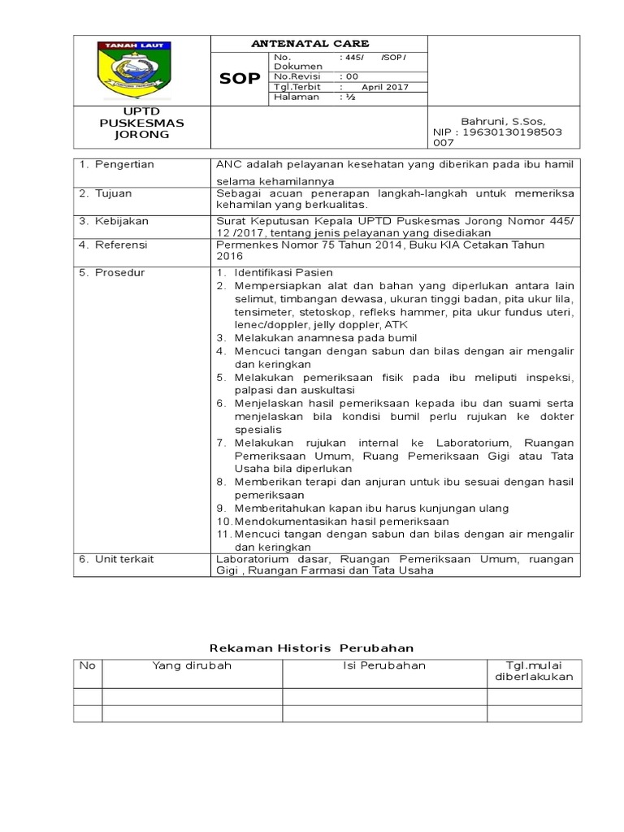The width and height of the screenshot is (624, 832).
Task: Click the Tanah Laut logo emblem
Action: (x=141, y=70)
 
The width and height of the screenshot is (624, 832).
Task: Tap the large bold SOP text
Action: (x=240, y=79)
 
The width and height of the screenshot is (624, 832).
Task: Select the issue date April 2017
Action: (x=384, y=87)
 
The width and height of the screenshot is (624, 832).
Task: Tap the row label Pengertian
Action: (x=123, y=164)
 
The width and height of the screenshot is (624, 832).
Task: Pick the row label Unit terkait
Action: (x=124, y=559)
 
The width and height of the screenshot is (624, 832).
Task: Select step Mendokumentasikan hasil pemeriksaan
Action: (x=341, y=521)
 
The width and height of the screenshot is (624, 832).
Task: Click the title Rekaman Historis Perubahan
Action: (x=312, y=648)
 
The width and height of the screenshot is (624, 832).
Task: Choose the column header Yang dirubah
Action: (x=192, y=665)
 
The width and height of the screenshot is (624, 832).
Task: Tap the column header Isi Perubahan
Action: (x=383, y=665)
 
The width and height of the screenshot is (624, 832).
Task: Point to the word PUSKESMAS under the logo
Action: (x=142, y=123)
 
